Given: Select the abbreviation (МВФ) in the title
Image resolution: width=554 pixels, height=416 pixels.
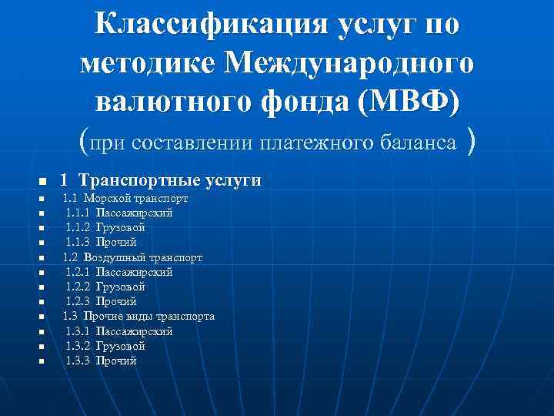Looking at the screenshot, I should click(416, 102).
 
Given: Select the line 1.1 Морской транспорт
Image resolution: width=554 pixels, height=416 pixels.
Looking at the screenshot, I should click(125, 199).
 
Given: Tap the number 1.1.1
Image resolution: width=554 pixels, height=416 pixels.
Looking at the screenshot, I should click(77, 213).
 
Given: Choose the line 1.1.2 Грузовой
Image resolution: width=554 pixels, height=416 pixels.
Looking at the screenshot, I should click(105, 228).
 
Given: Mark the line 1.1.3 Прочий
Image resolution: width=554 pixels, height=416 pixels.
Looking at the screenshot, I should click(101, 243).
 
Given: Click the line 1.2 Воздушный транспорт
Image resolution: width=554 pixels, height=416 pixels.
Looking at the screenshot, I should click(132, 257).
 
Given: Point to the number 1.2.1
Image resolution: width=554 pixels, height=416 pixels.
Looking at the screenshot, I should click(77, 272).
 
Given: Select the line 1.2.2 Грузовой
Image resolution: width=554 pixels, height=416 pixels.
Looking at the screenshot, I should click(105, 287).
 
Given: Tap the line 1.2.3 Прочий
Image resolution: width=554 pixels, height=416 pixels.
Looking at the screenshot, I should click(101, 301).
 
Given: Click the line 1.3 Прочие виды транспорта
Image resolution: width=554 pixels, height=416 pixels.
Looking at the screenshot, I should click(138, 316).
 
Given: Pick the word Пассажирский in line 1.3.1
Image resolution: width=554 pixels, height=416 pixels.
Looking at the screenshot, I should click(134, 331).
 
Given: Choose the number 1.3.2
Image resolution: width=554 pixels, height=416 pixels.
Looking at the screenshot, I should click(77, 346).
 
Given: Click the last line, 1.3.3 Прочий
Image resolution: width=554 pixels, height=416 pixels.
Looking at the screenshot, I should click(101, 361).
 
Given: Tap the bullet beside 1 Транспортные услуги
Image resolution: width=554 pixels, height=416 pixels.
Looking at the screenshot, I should click(43, 182).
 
